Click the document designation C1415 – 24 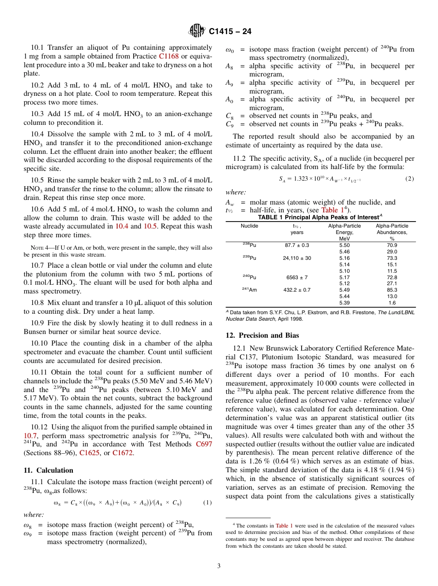[230, 32]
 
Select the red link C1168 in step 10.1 [168, 56]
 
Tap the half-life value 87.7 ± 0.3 [297, 245]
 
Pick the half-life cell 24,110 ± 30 [297, 258]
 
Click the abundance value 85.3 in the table [392, 290]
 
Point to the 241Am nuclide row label [249, 289]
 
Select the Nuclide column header [249, 226]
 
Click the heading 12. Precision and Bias [262, 335]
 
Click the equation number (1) [207, 502]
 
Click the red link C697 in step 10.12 [204, 444]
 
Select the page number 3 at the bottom [219, 565]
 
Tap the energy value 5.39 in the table [344, 303]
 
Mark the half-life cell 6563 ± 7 [297, 277]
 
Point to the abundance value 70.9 [392, 245]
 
